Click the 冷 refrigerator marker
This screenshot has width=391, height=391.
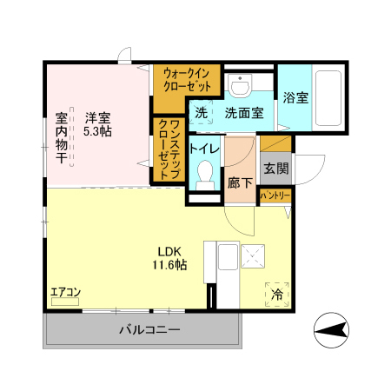coord(277,295)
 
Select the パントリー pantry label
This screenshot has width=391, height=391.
coord(275,196)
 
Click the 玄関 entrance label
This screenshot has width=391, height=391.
coord(276,169)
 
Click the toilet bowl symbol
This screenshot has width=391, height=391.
coord(205,177)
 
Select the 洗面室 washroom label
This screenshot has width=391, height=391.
coord(244,113)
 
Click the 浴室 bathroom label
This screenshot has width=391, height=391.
coord(296,98)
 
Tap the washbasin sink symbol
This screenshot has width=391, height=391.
coord(241,85)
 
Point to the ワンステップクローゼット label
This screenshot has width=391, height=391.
coord(169,149)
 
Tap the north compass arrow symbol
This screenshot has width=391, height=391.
coord(333,331)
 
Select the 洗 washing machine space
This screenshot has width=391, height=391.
coord(201,113)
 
